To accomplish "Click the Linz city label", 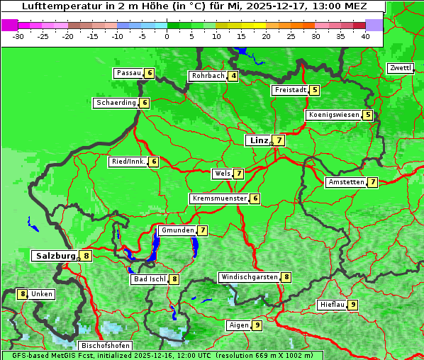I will tap(258, 140).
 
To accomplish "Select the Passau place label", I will tap(128, 73).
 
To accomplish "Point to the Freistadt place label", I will tap(289, 90).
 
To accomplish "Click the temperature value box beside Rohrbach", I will tap(233, 76).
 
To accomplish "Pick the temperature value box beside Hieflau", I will tap(352, 305).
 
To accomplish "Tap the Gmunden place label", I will tap(177, 230).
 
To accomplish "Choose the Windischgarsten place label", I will tap(249, 277).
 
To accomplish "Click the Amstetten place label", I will tap(345, 182).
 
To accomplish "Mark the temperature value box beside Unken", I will tap(23, 294).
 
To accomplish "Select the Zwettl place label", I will tap(400, 68).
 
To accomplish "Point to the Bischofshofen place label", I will tap(105, 346).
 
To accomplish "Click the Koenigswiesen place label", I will tap(333, 115).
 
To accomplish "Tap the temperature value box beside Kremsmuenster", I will tap(255, 198).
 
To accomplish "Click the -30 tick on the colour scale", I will tap(19, 35).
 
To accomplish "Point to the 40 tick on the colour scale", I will tap(365, 35).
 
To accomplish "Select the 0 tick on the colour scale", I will tap(167, 35).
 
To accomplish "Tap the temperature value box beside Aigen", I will tap(257, 325).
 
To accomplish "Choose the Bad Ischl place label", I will tap(149, 279).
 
